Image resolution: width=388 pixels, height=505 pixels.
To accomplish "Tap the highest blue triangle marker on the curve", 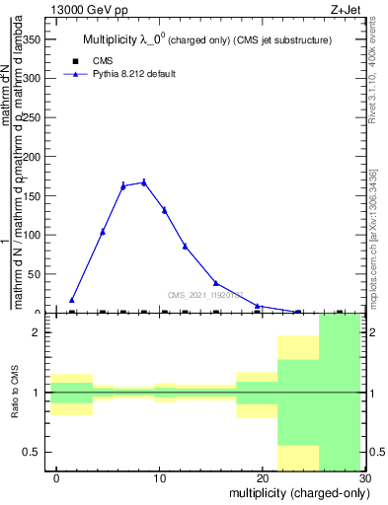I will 144,181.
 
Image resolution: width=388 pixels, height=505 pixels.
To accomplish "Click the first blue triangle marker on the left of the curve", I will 72,300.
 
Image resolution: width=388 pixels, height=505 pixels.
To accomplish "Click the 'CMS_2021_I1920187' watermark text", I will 205,295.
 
